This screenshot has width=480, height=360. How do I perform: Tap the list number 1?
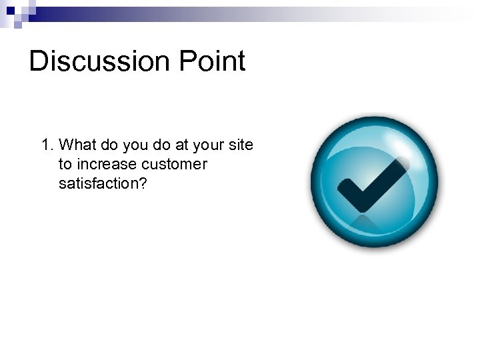(46, 145)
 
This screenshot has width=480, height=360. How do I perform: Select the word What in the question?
(76, 145)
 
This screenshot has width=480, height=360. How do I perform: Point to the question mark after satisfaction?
(141, 183)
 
